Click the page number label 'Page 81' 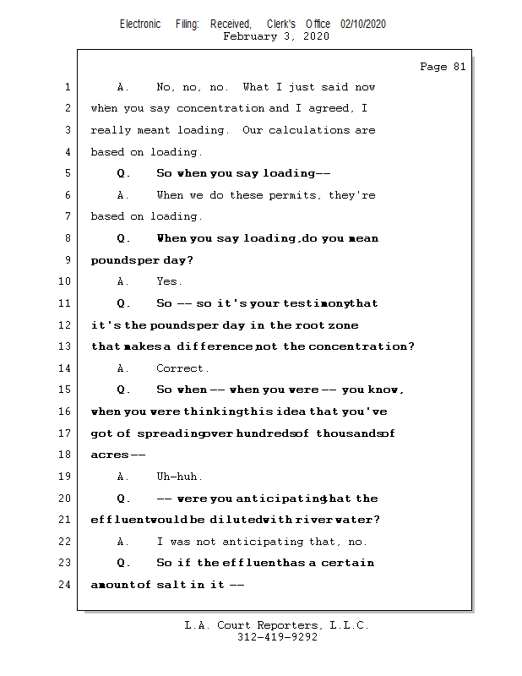coord(443,67)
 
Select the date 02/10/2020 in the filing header coord(363,25)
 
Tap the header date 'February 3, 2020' coord(276,36)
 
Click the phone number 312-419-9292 coord(277,637)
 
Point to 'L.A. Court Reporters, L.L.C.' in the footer coord(277,625)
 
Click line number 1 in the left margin coord(66,87)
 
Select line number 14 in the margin coord(65,368)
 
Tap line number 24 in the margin coord(65,584)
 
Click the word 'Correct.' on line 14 coord(182,368)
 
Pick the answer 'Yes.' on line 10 coord(169,281)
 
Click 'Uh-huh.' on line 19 coord(179,477)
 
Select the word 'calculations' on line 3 coord(310,130)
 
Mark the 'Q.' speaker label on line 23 coord(123,563)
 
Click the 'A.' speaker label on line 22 coord(123,542)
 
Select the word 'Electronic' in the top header coord(140,25)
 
